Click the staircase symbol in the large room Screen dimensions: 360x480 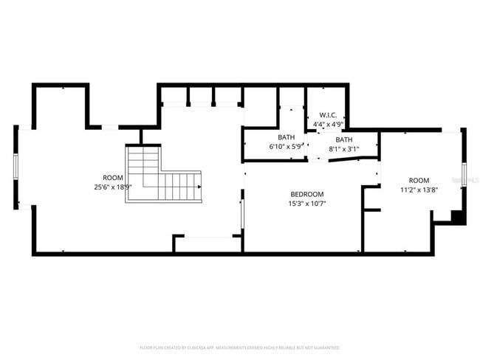(163, 176)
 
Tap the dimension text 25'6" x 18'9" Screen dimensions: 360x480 (112, 187)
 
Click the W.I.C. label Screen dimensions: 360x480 (328, 115)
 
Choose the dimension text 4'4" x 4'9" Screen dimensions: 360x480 (328, 124)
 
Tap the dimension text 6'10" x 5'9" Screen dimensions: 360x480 (286, 147)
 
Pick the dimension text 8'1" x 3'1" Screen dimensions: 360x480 (344, 149)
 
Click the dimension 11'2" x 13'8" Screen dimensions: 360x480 (419, 190)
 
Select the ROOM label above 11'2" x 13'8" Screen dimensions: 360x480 (419, 181)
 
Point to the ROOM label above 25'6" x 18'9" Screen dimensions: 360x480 (112, 178)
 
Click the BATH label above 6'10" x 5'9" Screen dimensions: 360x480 (286, 138)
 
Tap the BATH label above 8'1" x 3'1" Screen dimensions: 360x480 (344, 139)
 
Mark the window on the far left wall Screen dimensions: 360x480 (16, 167)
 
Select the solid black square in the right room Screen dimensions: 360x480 (458, 217)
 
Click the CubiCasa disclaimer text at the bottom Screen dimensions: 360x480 (240, 347)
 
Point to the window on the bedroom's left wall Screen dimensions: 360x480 (242, 213)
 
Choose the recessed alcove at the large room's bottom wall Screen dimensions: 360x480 (208, 244)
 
